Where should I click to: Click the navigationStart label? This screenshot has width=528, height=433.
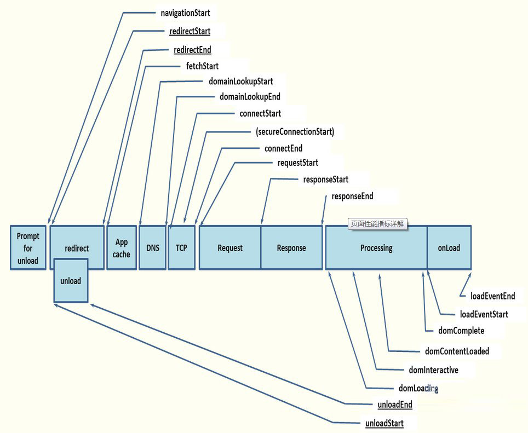coord(186,12)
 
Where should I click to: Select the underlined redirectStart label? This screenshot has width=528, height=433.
coord(190,31)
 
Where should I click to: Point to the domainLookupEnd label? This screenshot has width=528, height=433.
coord(250,97)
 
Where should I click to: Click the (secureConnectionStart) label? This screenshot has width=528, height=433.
coord(295,132)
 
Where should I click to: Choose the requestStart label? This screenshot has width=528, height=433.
coord(297,163)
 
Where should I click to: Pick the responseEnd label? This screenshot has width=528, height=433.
coord(352,197)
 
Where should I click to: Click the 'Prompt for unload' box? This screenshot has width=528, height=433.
coord(28,248)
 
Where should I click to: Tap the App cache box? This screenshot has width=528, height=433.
coord(122,248)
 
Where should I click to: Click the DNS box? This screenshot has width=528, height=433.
coord(153,248)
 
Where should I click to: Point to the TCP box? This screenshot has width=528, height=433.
coord(181,248)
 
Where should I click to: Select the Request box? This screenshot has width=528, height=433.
coord(230,248)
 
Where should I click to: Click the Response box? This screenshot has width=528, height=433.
coord(291,248)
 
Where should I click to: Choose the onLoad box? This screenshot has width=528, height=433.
coord(449,248)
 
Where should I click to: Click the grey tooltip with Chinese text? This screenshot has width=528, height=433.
coord(378,223)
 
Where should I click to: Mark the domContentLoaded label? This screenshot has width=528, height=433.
coord(457,351)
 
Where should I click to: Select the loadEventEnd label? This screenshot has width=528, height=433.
coord(492,296)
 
